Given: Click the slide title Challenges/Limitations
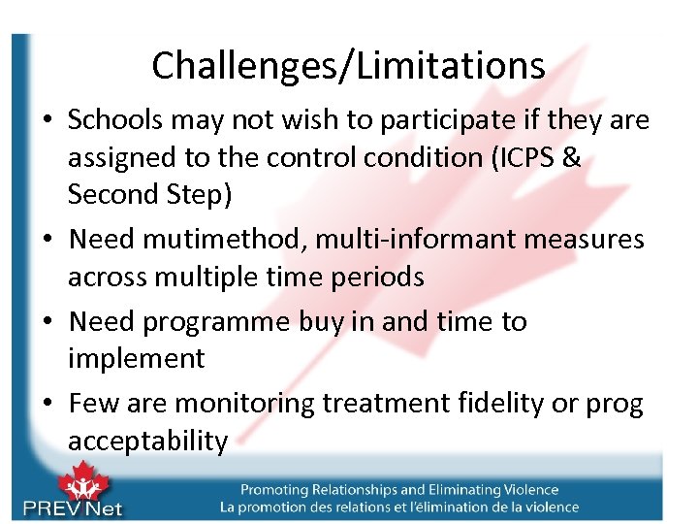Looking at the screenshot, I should pos(348,65).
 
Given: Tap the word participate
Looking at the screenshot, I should pos(435,120).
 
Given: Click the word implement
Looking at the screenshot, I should pos(136,359).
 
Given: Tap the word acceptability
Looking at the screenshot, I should pos(147,441).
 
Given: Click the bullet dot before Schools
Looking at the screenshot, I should pos(48,121).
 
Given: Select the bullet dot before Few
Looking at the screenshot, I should pos(48,404).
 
